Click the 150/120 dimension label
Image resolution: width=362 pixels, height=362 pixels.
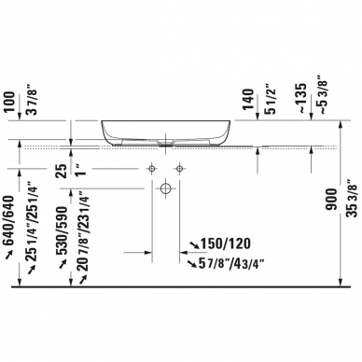(x=226, y=244)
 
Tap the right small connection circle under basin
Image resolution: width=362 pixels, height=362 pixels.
(x=179, y=168)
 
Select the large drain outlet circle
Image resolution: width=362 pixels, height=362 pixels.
(x=164, y=188)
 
